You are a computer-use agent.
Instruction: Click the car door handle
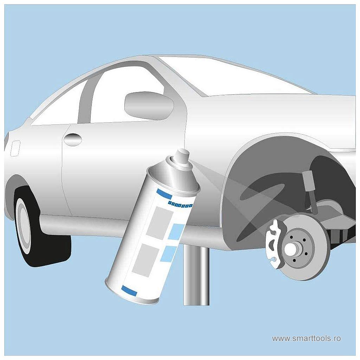[73, 140]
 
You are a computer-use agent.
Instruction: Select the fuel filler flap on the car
[15, 148]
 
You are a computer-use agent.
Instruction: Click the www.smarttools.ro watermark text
[306, 339]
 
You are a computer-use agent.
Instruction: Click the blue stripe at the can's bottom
[129, 290]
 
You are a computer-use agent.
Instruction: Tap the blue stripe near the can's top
[164, 194]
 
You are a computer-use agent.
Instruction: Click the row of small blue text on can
[180, 205]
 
